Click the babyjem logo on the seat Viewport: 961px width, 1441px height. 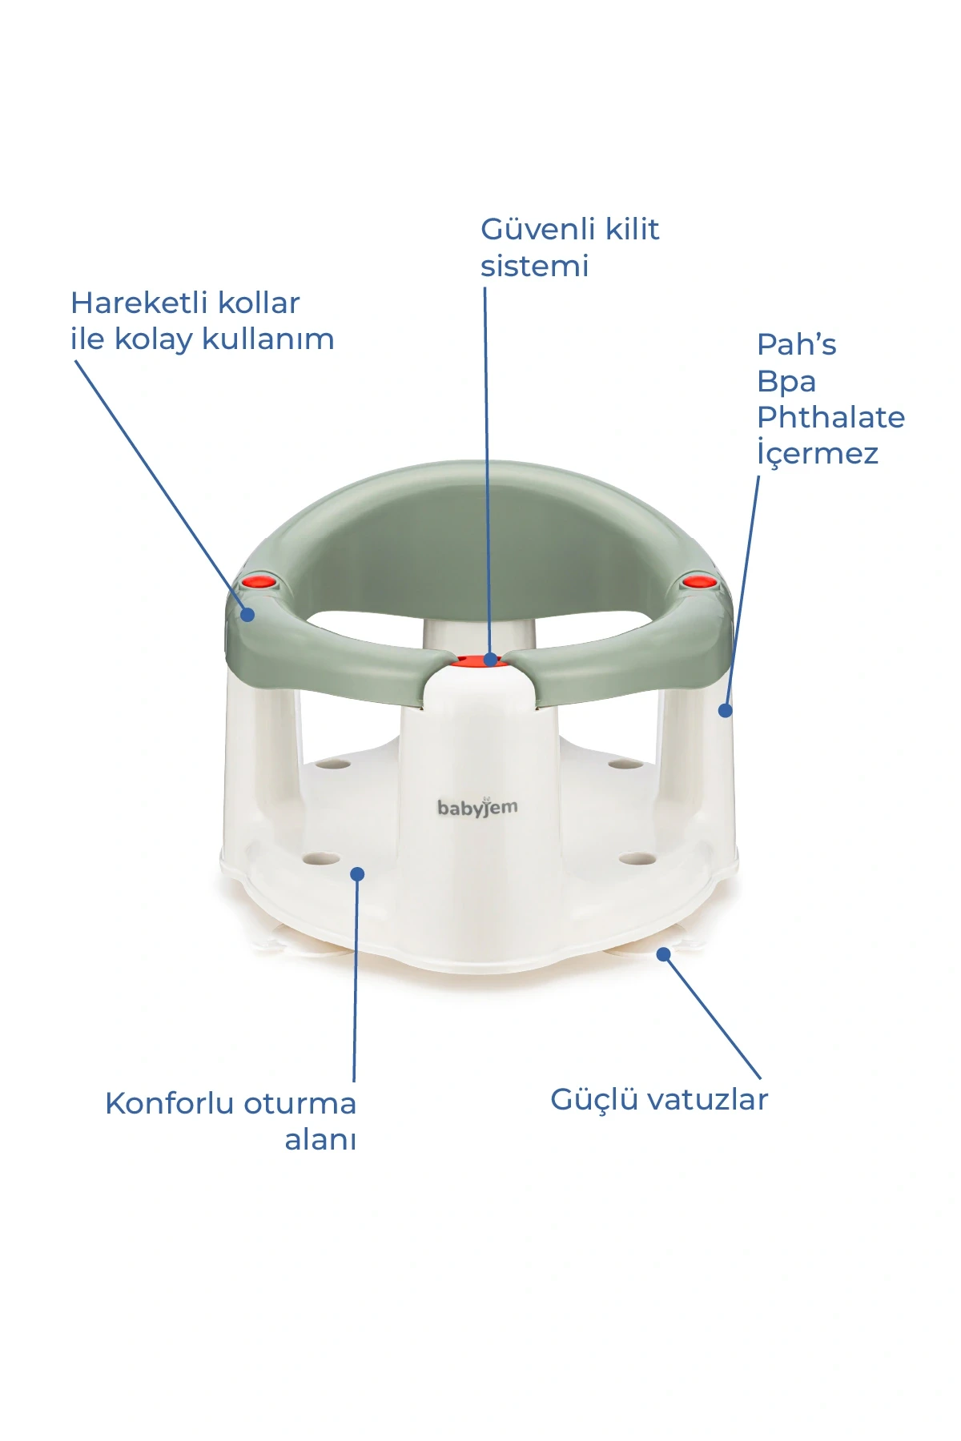click(477, 808)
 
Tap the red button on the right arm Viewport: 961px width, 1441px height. click(698, 581)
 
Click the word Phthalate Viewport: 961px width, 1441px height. click(830, 417)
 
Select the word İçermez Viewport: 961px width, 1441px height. click(818, 452)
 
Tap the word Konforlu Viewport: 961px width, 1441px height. click(169, 1103)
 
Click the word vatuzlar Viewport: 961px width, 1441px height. click(708, 1100)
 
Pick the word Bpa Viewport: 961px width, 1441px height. click(786, 382)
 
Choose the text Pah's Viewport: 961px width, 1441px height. click(796, 345)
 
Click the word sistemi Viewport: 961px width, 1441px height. click(534, 266)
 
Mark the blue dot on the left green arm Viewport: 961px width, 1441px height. click(247, 615)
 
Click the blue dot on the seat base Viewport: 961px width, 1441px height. click(358, 873)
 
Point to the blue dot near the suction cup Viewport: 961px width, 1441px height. click(663, 953)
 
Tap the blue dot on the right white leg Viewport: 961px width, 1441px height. click(726, 710)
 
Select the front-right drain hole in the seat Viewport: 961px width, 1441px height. click(637, 859)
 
